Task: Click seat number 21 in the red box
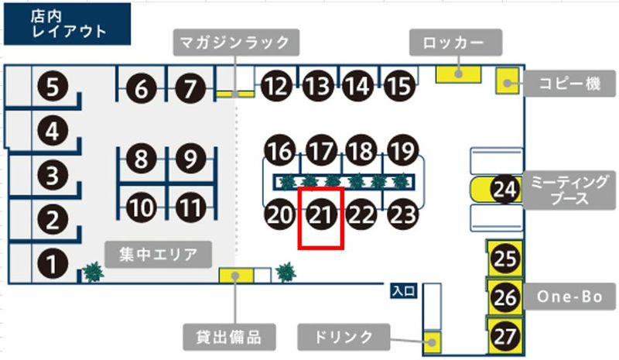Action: (x=321, y=214)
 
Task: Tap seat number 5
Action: (x=52, y=86)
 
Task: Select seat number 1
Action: (x=52, y=266)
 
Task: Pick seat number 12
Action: (x=275, y=86)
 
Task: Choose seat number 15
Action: (x=398, y=86)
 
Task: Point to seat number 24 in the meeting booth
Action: (x=505, y=189)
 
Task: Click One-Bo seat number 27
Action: (x=505, y=337)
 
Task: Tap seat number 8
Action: (x=140, y=160)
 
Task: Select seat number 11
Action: (x=190, y=207)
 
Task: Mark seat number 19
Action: (x=401, y=149)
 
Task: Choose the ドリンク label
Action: (x=346, y=337)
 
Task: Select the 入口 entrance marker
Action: (x=405, y=292)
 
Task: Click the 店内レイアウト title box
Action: (x=67, y=23)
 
